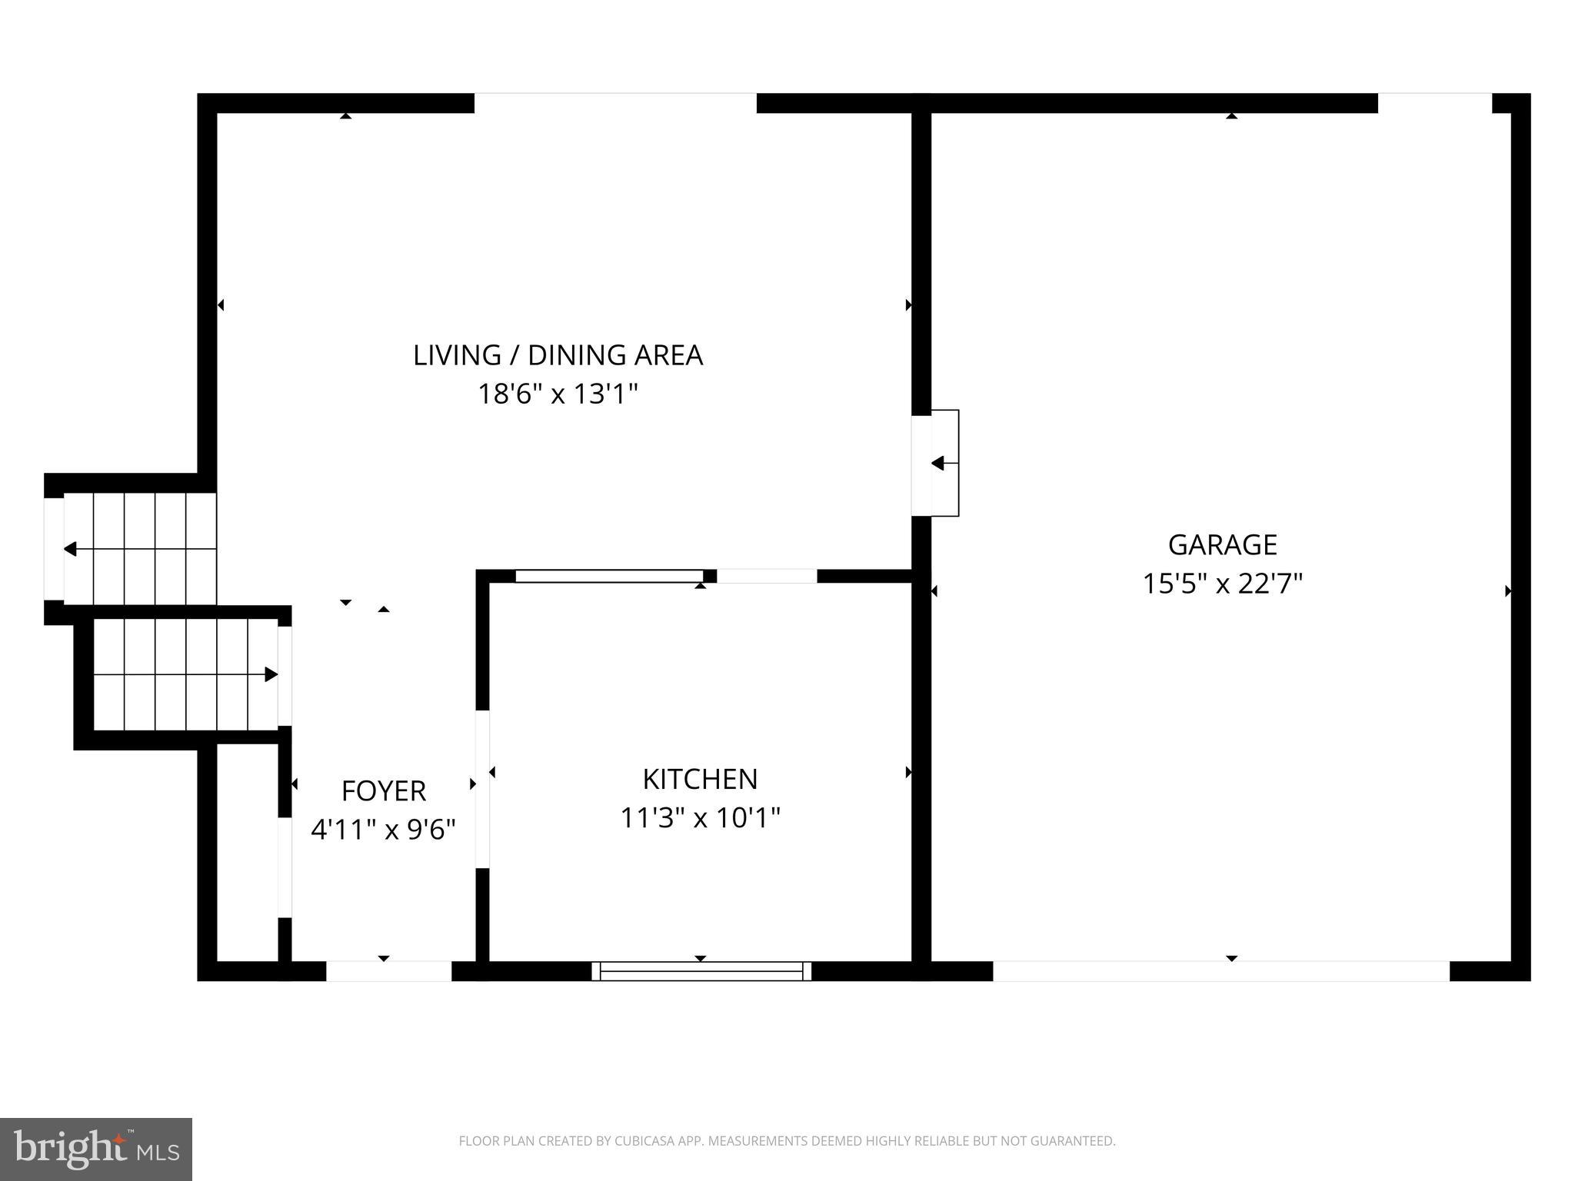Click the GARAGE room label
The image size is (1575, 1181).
point(1222,544)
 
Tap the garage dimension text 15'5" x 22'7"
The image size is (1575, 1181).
point(1222,584)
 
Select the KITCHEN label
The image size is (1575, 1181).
point(700,779)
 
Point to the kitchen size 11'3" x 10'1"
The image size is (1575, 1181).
point(700,817)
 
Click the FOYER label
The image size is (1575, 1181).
point(383,790)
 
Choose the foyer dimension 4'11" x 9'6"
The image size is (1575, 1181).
point(383,830)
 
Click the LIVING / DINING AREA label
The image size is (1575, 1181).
point(558,355)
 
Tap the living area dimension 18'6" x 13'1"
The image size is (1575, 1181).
point(558,394)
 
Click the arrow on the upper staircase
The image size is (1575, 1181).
point(71,549)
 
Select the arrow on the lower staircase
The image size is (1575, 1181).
point(271,674)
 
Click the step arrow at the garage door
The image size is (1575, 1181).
point(937,464)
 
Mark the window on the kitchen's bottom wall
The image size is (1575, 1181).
point(701,971)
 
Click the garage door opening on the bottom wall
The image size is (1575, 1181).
point(1220,971)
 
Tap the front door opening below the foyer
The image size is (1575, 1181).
point(388,971)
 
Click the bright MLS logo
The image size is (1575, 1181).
point(96,1149)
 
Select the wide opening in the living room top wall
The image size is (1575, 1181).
point(615,103)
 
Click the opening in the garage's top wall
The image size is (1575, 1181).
point(1434,103)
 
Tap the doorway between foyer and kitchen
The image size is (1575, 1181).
point(482,789)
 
